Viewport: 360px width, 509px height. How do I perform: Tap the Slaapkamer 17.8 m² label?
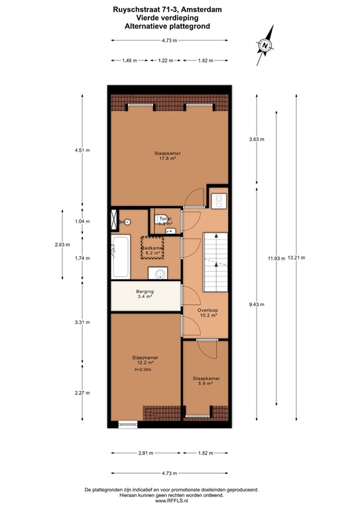tap(170, 156)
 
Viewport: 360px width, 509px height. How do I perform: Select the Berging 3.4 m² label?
tap(145, 295)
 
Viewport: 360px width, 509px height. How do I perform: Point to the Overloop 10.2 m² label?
tap(208, 313)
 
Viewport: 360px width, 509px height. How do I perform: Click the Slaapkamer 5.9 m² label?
tap(206, 381)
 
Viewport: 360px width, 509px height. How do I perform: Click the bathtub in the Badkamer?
tap(121, 258)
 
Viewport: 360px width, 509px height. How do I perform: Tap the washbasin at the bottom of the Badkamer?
tap(159, 272)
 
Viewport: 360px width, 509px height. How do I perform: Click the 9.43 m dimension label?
tap(256, 305)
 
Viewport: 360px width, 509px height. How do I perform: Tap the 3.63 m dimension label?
tap(256, 139)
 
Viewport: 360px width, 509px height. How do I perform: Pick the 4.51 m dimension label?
tap(82, 150)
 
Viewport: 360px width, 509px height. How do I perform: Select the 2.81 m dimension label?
tap(146, 454)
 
